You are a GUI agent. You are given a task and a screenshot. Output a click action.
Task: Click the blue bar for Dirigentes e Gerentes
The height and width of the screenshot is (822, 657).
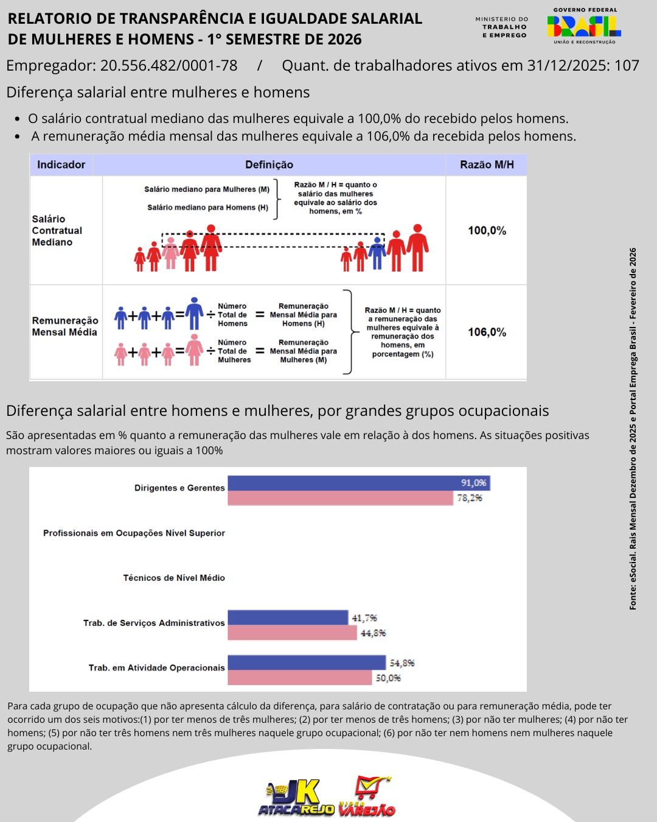pyautogui.click(x=358, y=483)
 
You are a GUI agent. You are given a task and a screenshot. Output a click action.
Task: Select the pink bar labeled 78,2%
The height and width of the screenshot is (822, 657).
pyautogui.click(x=341, y=499)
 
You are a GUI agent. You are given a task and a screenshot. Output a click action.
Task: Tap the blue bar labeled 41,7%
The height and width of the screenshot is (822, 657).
pyautogui.click(x=288, y=618)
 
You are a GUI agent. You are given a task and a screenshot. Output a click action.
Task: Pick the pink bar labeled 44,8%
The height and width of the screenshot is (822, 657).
pyautogui.click(x=292, y=633)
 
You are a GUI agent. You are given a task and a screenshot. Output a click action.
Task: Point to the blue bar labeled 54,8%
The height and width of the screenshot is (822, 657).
pyautogui.click(x=307, y=662)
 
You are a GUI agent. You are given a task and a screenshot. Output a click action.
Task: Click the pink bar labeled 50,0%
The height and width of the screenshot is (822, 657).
pyautogui.click(x=299, y=678)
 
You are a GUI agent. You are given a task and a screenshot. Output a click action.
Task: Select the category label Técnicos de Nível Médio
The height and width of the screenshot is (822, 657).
pyautogui.click(x=174, y=578)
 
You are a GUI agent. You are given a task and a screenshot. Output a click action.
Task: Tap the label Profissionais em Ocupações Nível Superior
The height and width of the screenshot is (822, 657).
pyautogui.click(x=134, y=533)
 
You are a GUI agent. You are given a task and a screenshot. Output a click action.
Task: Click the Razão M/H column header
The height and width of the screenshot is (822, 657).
pyautogui.click(x=487, y=164)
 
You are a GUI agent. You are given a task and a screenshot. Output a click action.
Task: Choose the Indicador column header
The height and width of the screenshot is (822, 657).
pyautogui.click(x=61, y=164)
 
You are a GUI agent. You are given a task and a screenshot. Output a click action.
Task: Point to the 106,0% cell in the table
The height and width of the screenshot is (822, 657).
pyautogui.click(x=487, y=332)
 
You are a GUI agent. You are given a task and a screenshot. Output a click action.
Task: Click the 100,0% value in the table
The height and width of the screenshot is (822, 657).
pyautogui.click(x=487, y=231)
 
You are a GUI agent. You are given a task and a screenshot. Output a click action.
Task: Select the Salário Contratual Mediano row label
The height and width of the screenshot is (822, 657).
pyautogui.click(x=57, y=231)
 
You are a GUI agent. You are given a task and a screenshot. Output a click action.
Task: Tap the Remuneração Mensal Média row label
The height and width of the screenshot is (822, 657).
pyautogui.click(x=65, y=326)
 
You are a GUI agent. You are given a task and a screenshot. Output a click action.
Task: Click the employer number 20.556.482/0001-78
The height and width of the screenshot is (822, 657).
pyautogui.click(x=169, y=66)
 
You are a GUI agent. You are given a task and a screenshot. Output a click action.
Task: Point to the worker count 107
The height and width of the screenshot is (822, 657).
pyautogui.click(x=627, y=66)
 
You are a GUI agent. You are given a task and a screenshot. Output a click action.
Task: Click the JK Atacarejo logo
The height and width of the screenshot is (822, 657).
pyautogui.click(x=297, y=798)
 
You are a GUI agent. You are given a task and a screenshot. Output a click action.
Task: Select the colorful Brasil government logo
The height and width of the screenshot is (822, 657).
pyautogui.click(x=584, y=26)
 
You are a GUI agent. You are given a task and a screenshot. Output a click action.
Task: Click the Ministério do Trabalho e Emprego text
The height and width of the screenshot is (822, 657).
pyautogui.click(x=502, y=27)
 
